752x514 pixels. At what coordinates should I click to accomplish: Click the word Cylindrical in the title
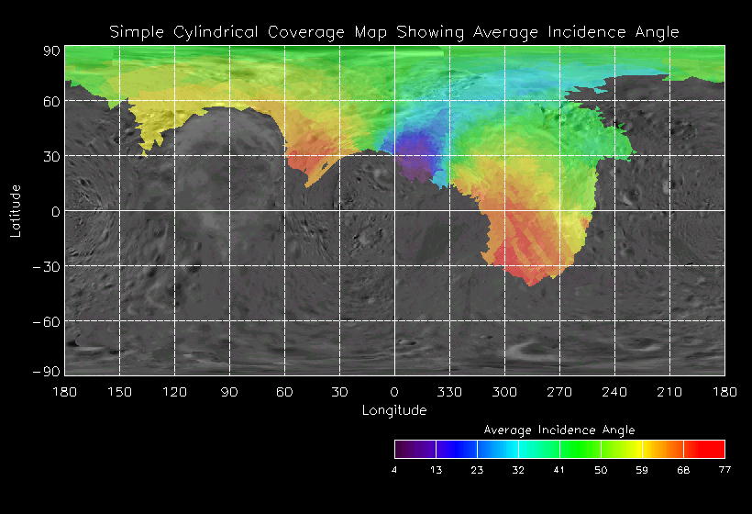click(x=216, y=32)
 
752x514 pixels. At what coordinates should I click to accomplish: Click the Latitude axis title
click(x=16, y=210)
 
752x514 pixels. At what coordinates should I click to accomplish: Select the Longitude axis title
click(x=394, y=410)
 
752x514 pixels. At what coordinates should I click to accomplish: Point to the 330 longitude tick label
click(x=449, y=392)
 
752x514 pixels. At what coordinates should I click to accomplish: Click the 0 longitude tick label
click(x=394, y=392)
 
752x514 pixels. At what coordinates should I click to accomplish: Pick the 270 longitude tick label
click(x=559, y=392)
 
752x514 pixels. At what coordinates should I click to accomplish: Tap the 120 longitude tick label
click(x=174, y=392)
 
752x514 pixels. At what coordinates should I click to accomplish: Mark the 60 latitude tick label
click(x=50, y=101)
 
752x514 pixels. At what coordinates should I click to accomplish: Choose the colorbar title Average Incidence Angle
click(x=558, y=430)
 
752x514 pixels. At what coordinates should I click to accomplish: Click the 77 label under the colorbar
click(x=724, y=471)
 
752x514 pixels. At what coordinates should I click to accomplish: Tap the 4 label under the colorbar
click(x=394, y=471)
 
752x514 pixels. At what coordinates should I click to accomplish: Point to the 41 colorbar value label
click(x=559, y=471)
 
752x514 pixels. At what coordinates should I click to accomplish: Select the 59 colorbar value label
click(x=642, y=471)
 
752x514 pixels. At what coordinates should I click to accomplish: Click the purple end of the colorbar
click(x=404, y=449)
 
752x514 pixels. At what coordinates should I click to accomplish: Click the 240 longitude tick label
click(x=614, y=392)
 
